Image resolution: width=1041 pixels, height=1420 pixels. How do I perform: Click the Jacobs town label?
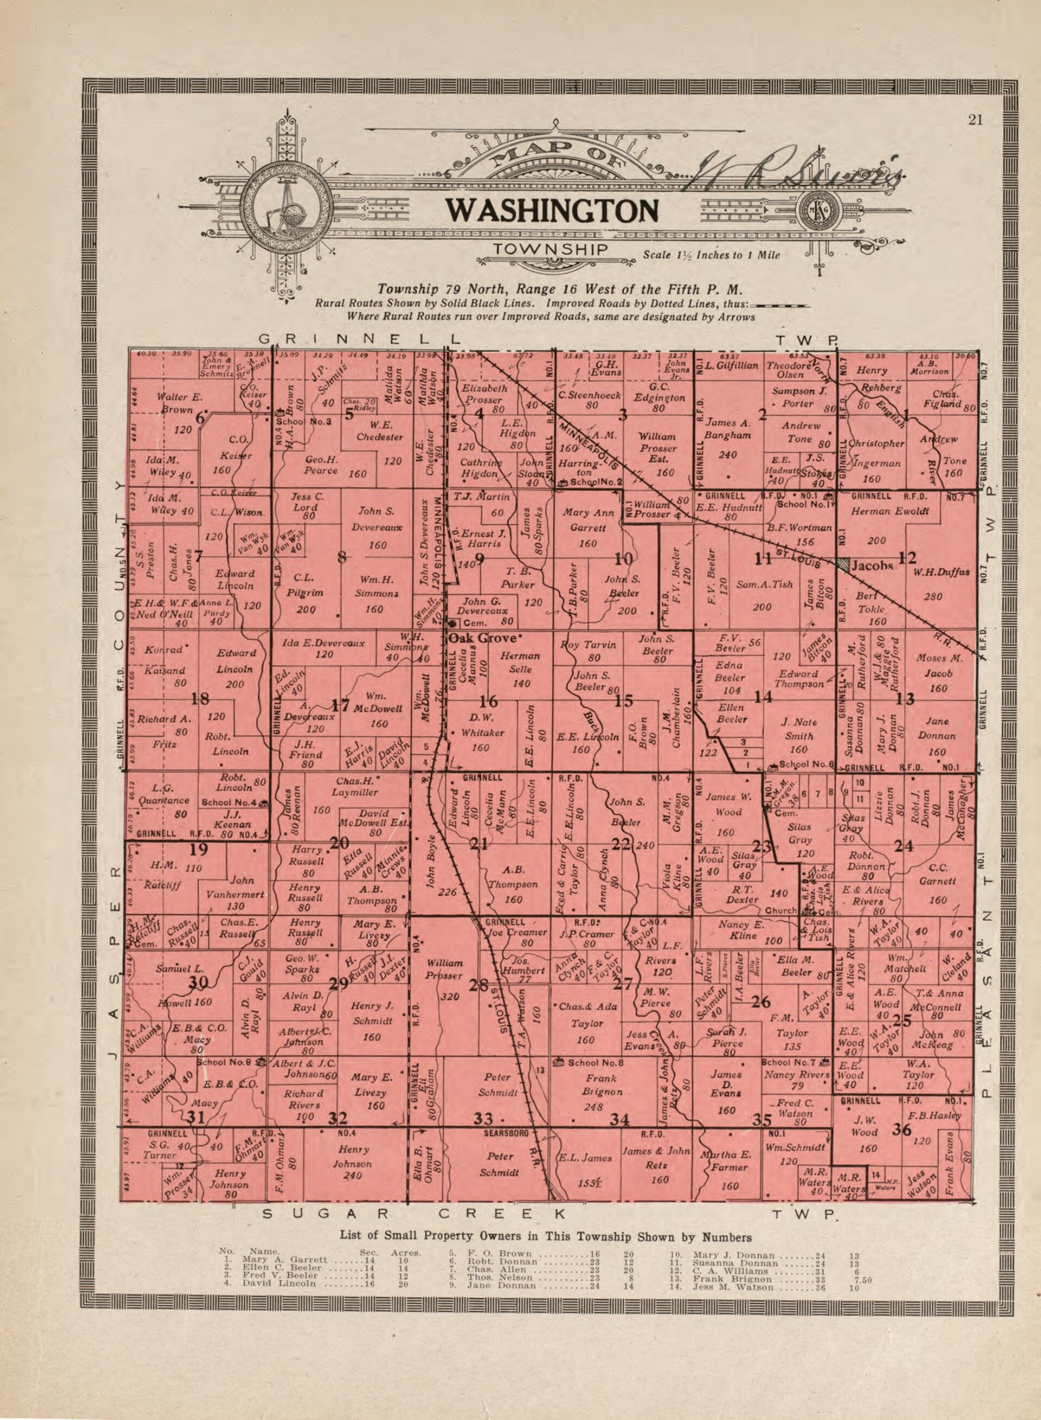pyautogui.click(x=872, y=566)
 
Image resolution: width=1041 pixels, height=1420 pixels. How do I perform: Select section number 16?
pyautogui.click(x=488, y=701)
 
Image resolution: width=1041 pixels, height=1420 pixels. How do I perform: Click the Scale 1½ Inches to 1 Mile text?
pyautogui.click(x=711, y=255)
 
